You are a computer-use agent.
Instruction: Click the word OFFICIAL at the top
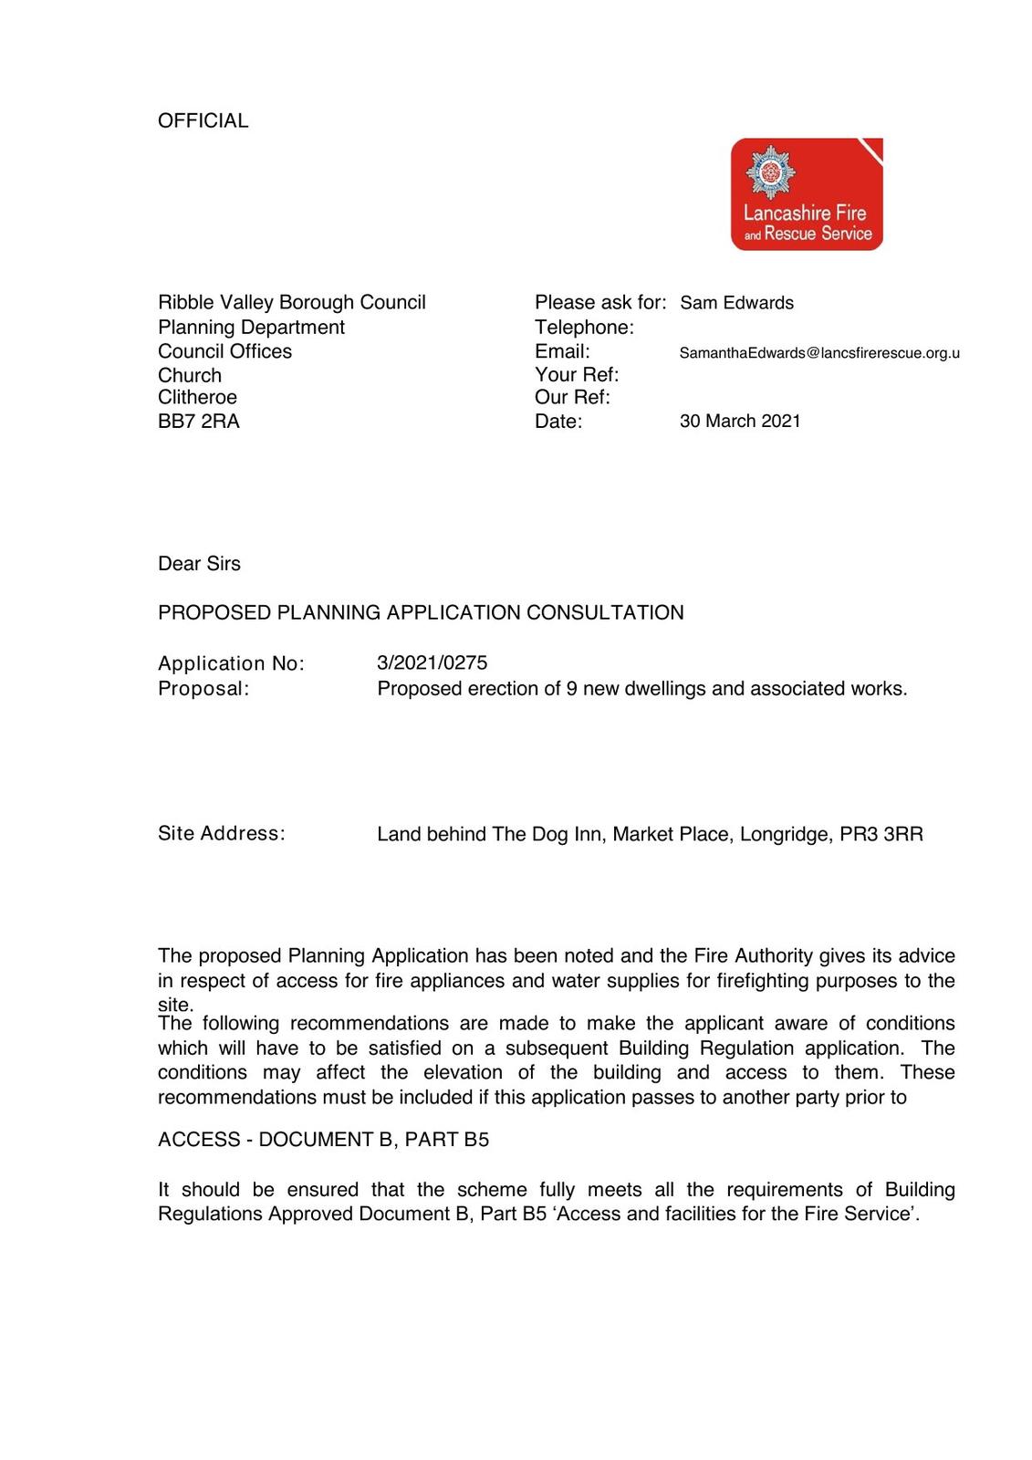click(203, 120)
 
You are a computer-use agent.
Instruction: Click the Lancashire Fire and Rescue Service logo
click(807, 194)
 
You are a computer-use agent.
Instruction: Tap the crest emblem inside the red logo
click(771, 172)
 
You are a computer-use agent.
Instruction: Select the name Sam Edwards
click(736, 303)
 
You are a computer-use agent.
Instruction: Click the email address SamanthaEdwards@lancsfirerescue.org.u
click(818, 353)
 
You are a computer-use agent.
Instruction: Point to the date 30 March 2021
click(740, 421)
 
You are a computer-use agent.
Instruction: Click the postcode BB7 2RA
click(199, 421)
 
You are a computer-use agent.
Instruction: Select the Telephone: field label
click(584, 327)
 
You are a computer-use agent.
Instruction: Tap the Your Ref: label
click(577, 374)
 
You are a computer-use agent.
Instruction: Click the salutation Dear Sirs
click(199, 564)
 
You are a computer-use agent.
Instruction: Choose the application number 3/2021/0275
click(432, 662)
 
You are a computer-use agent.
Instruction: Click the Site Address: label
click(221, 833)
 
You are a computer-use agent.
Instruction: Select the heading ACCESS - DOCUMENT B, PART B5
click(323, 1139)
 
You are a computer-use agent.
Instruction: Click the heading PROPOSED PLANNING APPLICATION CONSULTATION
click(421, 612)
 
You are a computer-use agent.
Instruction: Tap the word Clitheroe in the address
click(197, 397)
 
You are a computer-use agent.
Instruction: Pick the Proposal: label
click(203, 688)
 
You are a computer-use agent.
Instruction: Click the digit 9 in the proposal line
click(571, 688)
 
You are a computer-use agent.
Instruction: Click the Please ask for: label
click(600, 302)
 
